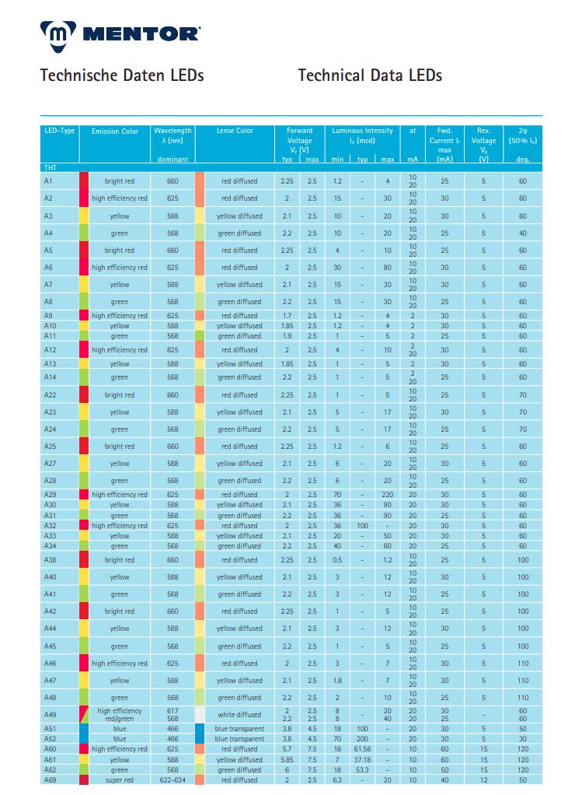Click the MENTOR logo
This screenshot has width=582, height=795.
click(x=120, y=33)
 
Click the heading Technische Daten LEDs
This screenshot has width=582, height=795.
click(x=122, y=75)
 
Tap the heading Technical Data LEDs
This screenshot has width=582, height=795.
click(x=370, y=75)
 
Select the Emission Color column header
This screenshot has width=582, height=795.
click(x=115, y=131)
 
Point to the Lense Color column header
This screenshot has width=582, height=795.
click(x=235, y=131)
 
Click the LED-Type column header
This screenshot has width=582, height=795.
click(x=59, y=131)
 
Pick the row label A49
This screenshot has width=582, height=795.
click(x=49, y=715)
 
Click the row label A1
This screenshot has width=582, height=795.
click(x=48, y=181)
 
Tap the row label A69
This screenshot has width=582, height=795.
click(x=50, y=779)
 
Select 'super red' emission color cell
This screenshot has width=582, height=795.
click(x=120, y=779)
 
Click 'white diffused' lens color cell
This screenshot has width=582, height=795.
click(x=239, y=715)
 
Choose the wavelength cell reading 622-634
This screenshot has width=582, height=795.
click(x=173, y=779)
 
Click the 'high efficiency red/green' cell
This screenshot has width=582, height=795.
click(x=120, y=715)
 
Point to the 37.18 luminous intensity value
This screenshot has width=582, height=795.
click(x=362, y=759)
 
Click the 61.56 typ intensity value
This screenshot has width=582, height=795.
click(x=362, y=749)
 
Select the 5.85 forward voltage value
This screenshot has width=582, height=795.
click(x=287, y=759)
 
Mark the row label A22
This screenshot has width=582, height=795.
click(x=50, y=395)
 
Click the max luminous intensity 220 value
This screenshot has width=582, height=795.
click(x=387, y=495)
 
